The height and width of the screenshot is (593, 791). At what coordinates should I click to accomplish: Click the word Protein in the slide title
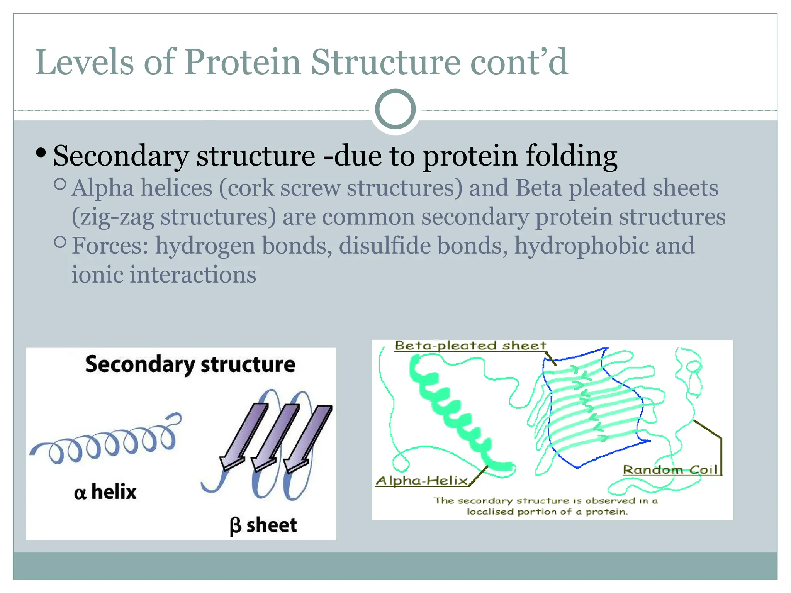(243, 63)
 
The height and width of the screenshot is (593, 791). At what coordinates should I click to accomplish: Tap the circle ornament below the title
(395, 109)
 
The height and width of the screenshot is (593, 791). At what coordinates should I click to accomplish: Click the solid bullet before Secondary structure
(40, 154)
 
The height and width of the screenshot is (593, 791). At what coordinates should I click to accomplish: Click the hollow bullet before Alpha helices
(60, 184)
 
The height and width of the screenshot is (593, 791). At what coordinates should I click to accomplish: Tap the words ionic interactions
(164, 274)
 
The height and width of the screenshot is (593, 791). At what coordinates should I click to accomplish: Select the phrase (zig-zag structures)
(174, 217)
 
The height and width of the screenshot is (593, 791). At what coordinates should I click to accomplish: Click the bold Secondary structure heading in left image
(190, 364)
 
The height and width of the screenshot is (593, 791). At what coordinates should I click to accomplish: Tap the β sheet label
(263, 525)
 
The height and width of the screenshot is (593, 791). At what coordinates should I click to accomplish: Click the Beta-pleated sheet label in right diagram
(470, 345)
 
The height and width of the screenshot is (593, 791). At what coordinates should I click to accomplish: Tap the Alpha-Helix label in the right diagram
(422, 481)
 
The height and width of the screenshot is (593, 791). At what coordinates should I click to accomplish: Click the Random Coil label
(670, 470)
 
